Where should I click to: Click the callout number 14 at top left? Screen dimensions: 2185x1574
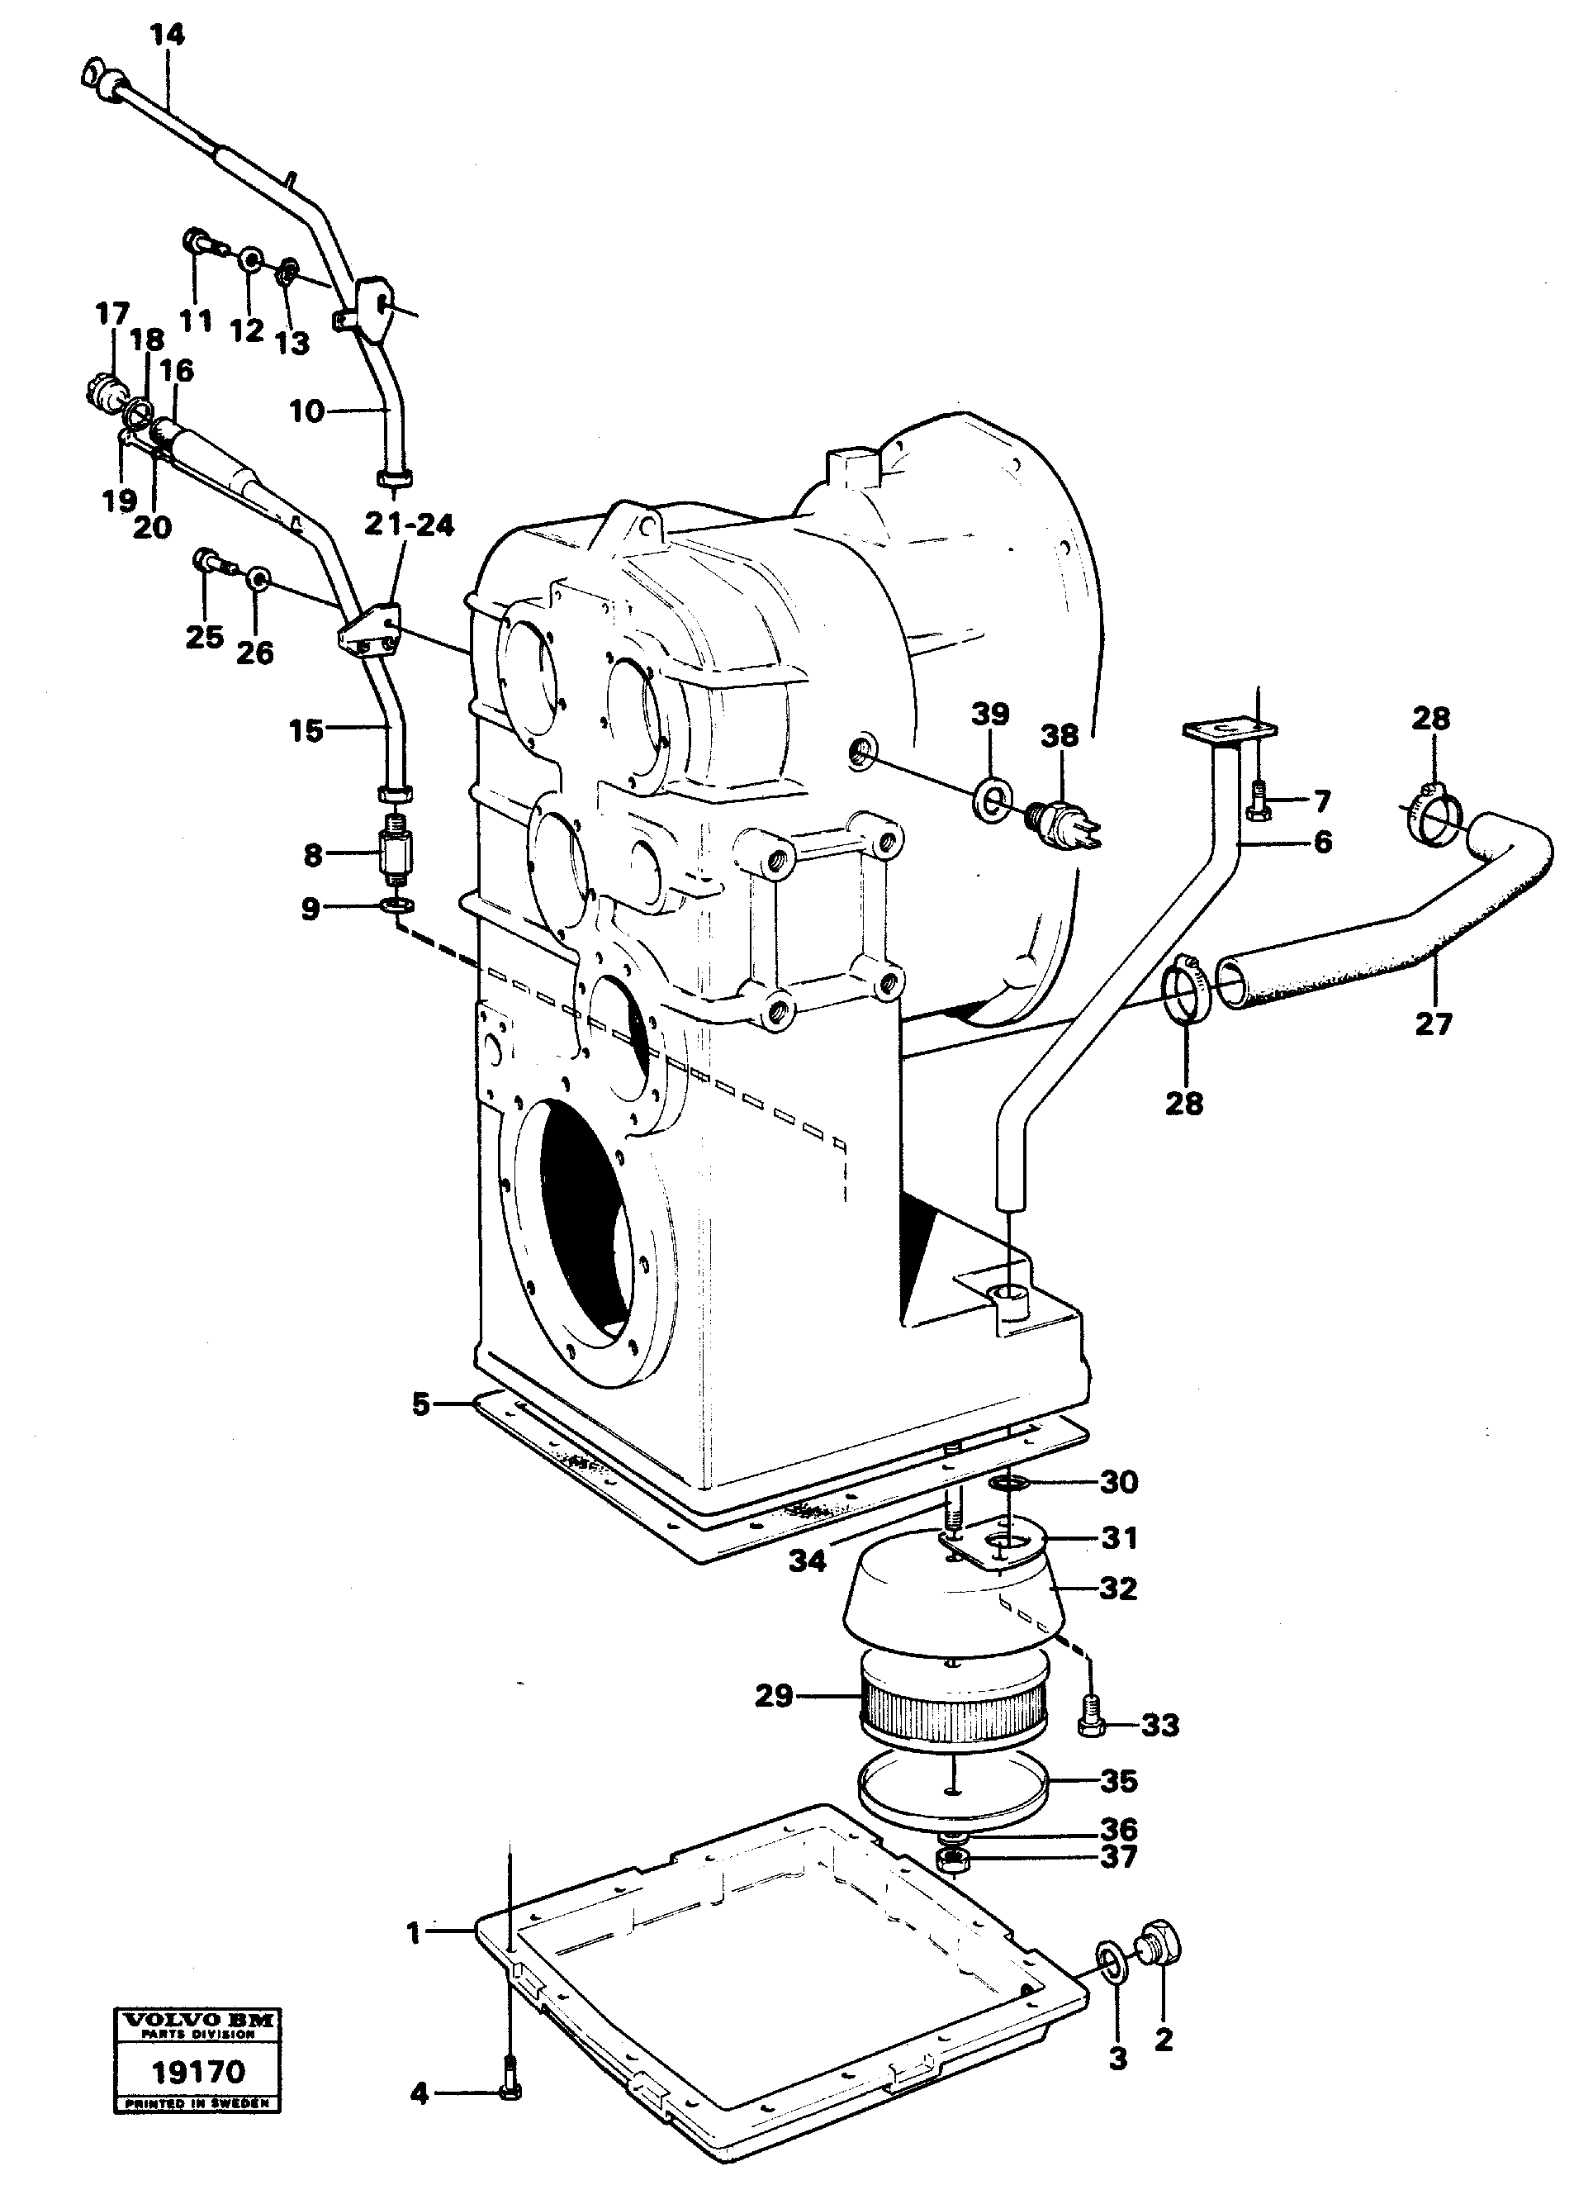(167, 36)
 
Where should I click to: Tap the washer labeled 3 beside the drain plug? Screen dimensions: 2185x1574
(1112, 1958)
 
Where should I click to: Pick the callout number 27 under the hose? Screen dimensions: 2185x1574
(1433, 1024)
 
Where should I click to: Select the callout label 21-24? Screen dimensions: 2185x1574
(410, 525)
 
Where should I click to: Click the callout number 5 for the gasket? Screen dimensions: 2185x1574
(421, 1404)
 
